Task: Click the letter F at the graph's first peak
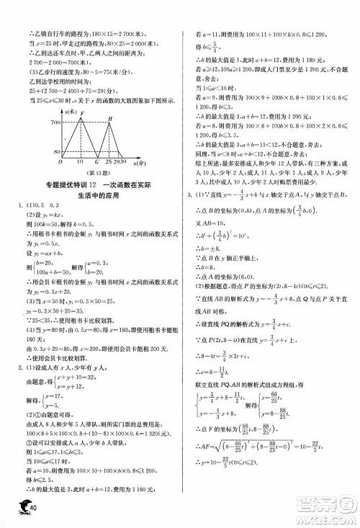point(83,113)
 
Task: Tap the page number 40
point(31,510)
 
